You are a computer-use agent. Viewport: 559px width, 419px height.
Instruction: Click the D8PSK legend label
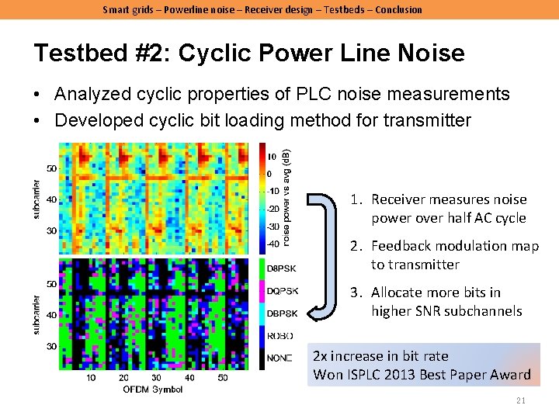click(x=281, y=269)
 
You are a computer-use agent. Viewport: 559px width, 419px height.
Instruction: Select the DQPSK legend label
click(x=281, y=291)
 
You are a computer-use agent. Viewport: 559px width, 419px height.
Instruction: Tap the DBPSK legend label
click(x=281, y=313)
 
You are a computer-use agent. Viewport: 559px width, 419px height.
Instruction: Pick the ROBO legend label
click(x=280, y=336)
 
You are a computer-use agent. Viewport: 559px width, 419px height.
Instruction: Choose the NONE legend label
click(x=280, y=358)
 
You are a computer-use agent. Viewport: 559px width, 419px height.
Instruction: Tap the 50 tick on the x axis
click(x=224, y=378)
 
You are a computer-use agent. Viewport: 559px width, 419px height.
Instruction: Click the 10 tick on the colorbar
click(x=272, y=157)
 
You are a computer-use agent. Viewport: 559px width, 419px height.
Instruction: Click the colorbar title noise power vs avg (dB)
click(x=287, y=198)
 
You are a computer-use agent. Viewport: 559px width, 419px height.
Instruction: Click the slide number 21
click(x=521, y=400)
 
